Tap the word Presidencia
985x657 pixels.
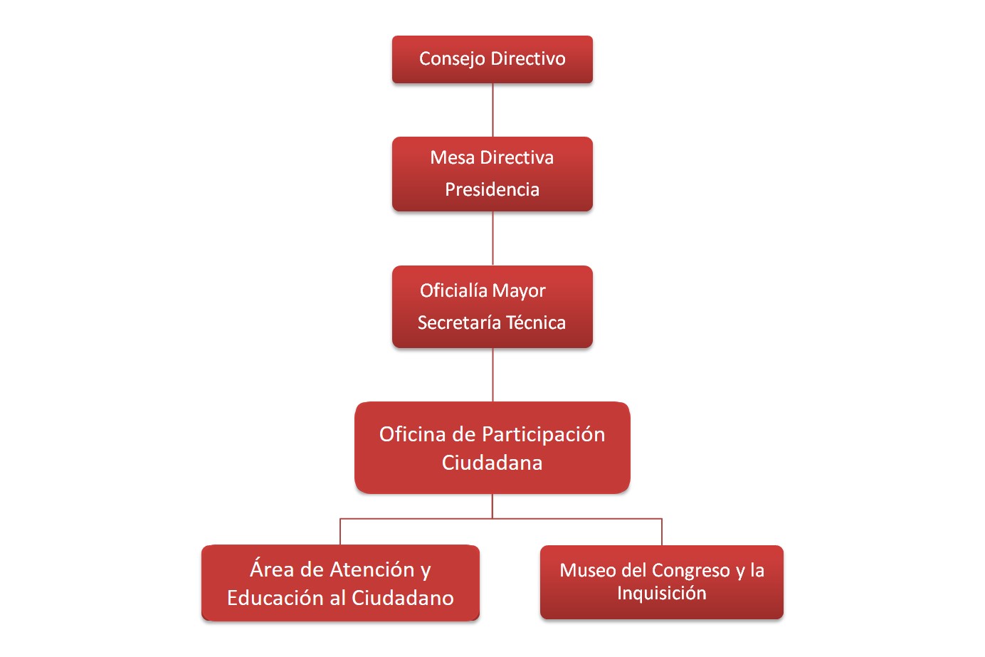coord(492,189)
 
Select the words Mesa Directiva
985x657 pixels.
coord(492,157)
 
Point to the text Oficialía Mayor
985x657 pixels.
coord(483,290)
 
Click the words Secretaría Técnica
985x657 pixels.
coord(492,322)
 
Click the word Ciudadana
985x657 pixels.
coord(492,463)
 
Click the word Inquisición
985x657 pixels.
coord(661,593)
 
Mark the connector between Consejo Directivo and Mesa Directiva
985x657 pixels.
coord(492,110)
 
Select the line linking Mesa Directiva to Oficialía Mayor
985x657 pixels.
coord(492,238)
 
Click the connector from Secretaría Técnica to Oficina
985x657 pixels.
coord(492,374)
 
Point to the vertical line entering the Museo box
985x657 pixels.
coord(662,532)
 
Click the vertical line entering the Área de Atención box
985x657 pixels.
coord(340,532)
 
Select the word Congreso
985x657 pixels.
coord(690,570)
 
